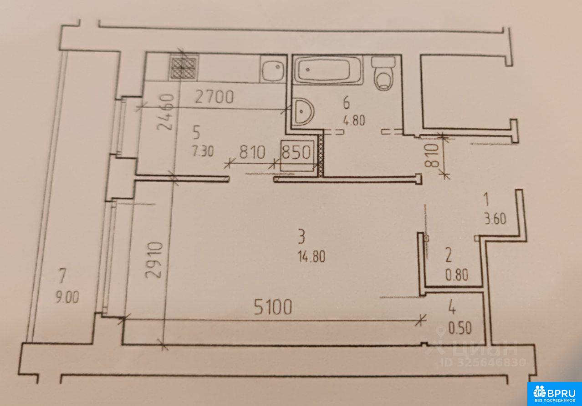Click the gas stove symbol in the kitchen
pos(184,68)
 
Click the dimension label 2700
pos(214,97)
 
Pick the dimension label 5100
pos(272,307)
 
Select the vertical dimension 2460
pos(165,112)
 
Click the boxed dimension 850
pos(296,153)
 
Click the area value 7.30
pos(203,151)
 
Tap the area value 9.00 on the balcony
pos(67,297)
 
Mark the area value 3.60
pos(495,219)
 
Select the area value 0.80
pos(457,275)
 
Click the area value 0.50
pos(460,328)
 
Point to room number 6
pos(347,103)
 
